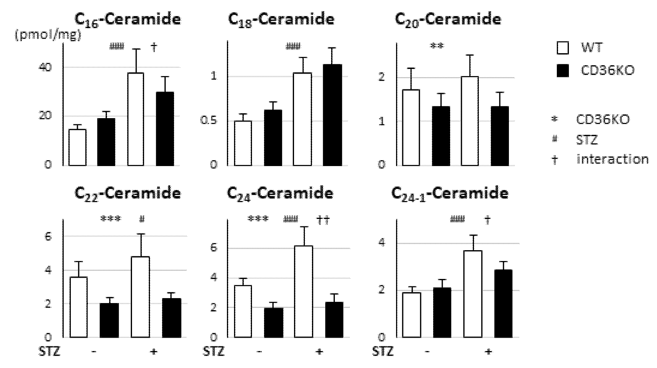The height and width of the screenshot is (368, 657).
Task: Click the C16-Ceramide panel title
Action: click(127, 19)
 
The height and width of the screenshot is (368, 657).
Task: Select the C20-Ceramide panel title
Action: click(448, 19)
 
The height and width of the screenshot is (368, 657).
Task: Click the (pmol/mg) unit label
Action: click(48, 35)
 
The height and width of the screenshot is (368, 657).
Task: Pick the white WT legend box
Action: click(562, 48)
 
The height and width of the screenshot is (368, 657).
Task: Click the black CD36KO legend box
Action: click(562, 71)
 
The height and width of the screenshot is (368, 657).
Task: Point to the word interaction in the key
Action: click(612, 159)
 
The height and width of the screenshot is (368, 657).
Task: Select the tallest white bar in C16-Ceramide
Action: click(136, 119)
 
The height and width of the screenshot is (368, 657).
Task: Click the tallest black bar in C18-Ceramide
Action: click(332, 115)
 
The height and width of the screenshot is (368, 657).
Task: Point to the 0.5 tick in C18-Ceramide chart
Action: click(209, 121)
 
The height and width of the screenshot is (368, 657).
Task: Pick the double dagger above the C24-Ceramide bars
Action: click(323, 220)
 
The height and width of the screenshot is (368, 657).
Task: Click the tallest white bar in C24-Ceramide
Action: click(304, 291)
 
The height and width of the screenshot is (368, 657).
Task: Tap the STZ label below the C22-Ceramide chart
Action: click(49, 352)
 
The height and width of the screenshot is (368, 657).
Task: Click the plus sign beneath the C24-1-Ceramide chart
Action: click(488, 352)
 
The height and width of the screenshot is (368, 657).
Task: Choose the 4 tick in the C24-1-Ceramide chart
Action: click(382, 243)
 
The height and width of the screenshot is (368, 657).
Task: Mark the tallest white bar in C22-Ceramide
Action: click(140, 297)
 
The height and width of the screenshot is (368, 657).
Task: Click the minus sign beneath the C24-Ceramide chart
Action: click(259, 352)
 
